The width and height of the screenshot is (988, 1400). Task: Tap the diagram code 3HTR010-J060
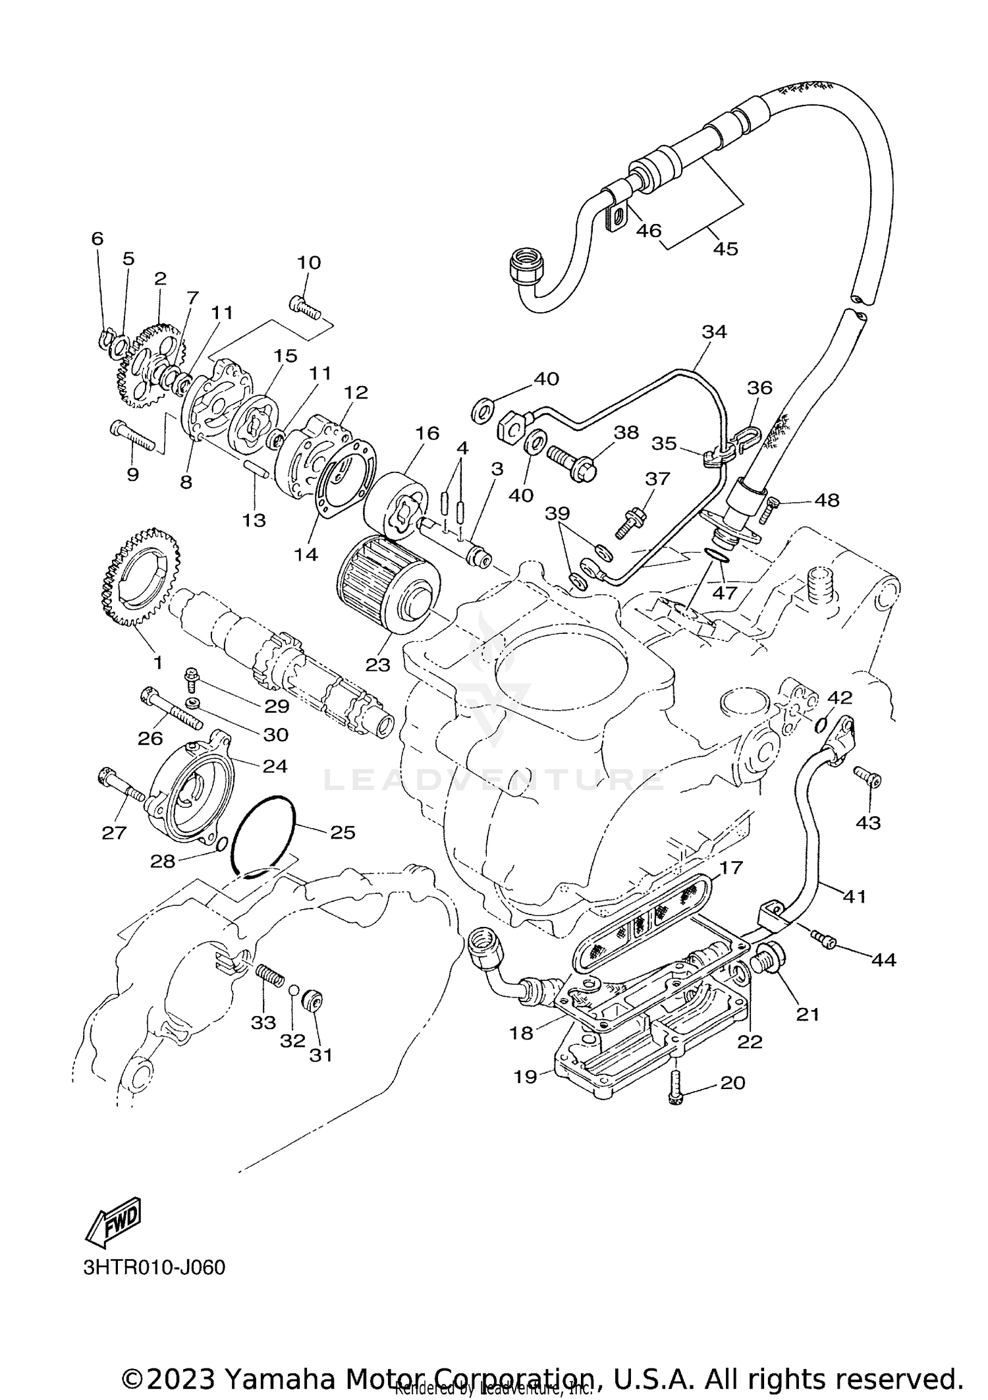coord(154,1268)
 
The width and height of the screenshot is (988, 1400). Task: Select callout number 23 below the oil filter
coord(378,665)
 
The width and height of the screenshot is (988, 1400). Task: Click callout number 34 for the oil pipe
coord(714,332)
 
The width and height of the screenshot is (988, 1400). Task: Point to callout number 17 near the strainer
coord(730,867)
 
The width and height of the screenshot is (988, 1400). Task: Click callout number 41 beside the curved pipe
coord(854,896)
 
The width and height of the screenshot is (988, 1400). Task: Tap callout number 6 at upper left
coord(97,238)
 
